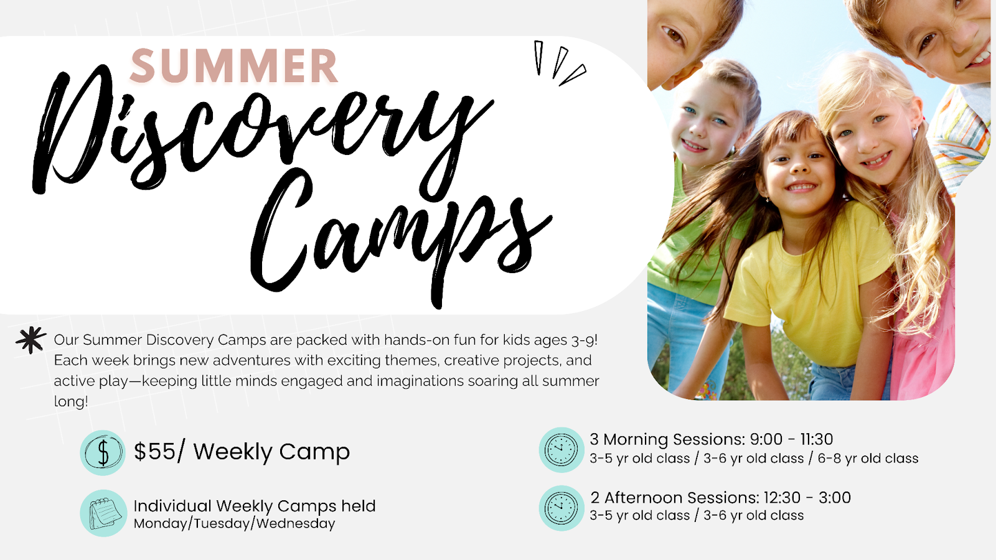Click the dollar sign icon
(x=103, y=452)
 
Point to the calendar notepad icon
(x=103, y=513)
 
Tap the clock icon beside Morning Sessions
(x=561, y=450)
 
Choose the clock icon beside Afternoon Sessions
(x=561, y=508)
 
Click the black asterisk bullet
(x=31, y=340)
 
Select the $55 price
(x=155, y=452)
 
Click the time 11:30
(x=816, y=439)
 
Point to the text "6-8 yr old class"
(x=868, y=458)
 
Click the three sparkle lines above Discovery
(x=560, y=63)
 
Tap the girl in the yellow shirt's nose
(x=798, y=167)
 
